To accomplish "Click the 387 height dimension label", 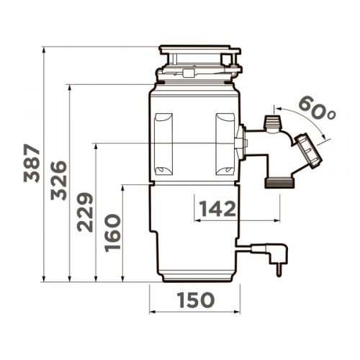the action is click(x=32, y=163).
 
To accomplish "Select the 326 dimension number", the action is click(x=59, y=181).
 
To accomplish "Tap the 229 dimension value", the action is click(x=85, y=212).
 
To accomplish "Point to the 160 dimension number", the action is click(x=112, y=233).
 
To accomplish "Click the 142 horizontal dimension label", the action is click(x=218, y=209).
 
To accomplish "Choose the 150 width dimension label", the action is click(x=196, y=300).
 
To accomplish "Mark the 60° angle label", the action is click(x=318, y=107).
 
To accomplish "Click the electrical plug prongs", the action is click(x=279, y=271).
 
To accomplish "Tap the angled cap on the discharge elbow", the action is click(x=308, y=151).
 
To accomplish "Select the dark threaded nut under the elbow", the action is click(x=279, y=183).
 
